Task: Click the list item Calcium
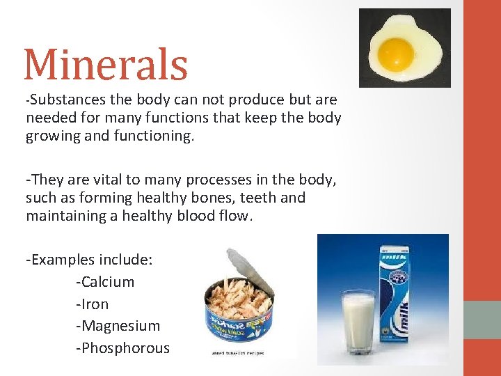(x=105, y=282)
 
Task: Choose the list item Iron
(x=93, y=304)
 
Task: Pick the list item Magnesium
(x=118, y=326)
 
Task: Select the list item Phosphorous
(x=122, y=348)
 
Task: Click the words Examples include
(x=89, y=260)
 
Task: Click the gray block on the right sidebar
(x=482, y=320)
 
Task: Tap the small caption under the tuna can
(x=237, y=353)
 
